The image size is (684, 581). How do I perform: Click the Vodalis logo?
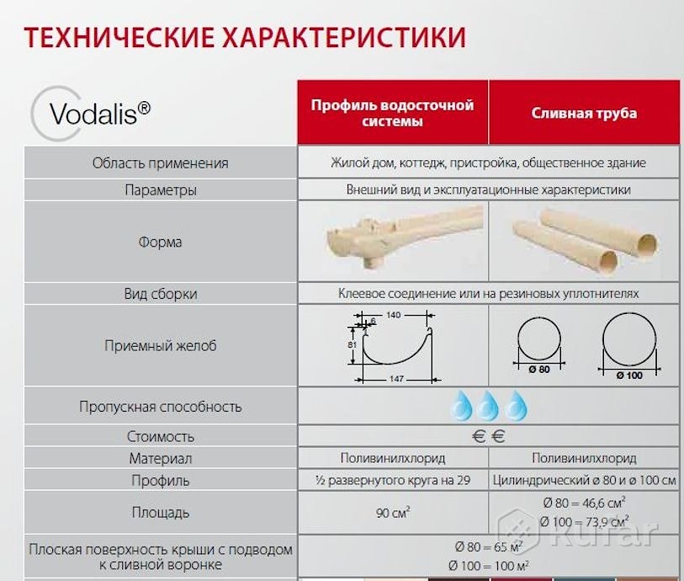tap(91, 114)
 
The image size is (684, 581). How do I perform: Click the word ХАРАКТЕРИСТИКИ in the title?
tap(344, 37)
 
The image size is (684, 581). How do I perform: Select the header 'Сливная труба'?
tap(584, 113)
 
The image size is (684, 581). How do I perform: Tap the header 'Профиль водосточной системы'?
tap(392, 113)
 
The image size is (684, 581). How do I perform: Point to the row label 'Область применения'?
tap(160, 163)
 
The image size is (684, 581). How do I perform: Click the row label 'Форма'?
tap(160, 242)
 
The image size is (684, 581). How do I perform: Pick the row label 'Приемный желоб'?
tap(160, 345)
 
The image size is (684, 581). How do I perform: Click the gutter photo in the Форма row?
tap(405, 239)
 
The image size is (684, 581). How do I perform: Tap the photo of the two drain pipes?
tap(586, 239)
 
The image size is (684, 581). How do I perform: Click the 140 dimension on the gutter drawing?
tap(393, 315)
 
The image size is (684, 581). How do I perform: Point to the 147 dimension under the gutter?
tap(396, 378)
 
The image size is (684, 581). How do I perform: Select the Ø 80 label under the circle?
tap(539, 370)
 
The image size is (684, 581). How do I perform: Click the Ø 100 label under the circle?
tap(629, 376)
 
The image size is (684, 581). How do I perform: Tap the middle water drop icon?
tap(487, 406)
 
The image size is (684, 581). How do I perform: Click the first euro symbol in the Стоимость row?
tap(479, 436)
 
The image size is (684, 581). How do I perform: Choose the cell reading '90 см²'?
tap(393, 512)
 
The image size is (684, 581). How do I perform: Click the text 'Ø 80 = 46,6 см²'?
tap(584, 503)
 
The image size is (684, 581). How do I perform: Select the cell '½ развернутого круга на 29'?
tap(393, 480)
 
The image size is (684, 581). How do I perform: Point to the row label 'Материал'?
tap(160, 458)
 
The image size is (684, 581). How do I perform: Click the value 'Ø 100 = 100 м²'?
tap(489, 566)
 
